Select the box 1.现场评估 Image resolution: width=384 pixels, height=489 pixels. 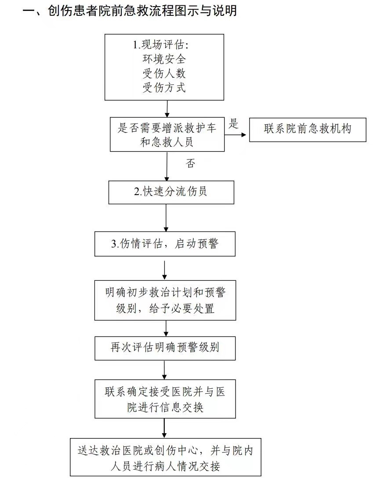pyautogui.click(x=164, y=67)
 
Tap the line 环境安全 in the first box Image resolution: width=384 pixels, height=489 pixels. pyautogui.click(x=164, y=59)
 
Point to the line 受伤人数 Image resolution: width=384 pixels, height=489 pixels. pyautogui.click(x=164, y=73)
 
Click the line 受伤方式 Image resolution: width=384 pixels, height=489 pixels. pyautogui.click(x=164, y=87)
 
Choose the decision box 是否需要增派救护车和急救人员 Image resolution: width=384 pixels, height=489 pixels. pyautogui.click(x=167, y=134)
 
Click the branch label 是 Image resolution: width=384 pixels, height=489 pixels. pyautogui.click(x=233, y=123)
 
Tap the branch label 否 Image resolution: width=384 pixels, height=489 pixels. pyautogui.click(x=190, y=163)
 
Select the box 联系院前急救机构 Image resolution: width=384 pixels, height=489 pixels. pyautogui.click(x=308, y=130)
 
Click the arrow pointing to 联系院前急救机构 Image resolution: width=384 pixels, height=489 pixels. pyautogui.click(x=235, y=135)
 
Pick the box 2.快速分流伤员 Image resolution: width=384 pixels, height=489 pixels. pyautogui.click(x=171, y=192)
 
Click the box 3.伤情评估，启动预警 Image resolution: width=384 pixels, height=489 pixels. pyautogui.click(x=165, y=244)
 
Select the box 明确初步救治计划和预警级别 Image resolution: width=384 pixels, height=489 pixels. pyautogui.click(x=165, y=301)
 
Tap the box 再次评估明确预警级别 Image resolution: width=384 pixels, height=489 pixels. pyautogui.click(x=165, y=348)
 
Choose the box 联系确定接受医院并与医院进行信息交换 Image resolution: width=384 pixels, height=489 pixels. pyautogui.click(x=165, y=399)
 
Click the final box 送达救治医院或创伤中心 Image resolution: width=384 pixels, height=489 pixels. pyautogui.click(x=165, y=457)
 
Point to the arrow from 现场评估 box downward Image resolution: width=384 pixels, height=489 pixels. pyautogui.click(x=167, y=109)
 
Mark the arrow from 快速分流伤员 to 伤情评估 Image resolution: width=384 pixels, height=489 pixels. pyautogui.click(x=166, y=217)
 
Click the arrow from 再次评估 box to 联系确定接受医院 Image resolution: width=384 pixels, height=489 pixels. pyautogui.click(x=164, y=370)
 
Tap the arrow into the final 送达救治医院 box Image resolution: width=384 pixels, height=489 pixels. pyautogui.click(x=164, y=428)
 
